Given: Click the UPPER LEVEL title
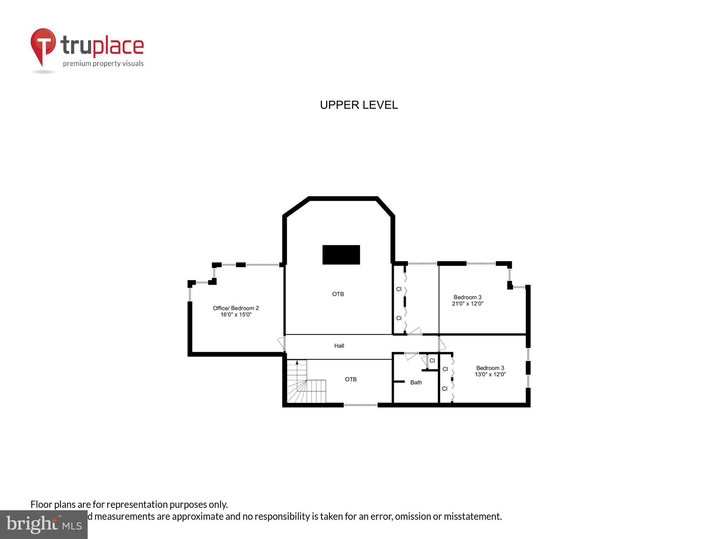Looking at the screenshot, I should (359, 105).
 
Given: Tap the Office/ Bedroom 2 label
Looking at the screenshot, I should (236, 308).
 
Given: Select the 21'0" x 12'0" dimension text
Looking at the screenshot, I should (467, 304).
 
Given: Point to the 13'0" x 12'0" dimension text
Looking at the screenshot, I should (490, 374).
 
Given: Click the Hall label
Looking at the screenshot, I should (339, 346).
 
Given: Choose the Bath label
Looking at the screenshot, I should (416, 382).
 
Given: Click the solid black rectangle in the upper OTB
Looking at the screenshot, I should (341, 255).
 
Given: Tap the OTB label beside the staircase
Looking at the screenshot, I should (351, 379).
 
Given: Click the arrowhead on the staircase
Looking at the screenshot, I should (297, 362).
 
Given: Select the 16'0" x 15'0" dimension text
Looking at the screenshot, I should (236, 315).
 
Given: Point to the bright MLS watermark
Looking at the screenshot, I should (44, 524).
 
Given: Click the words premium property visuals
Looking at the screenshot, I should (103, 64).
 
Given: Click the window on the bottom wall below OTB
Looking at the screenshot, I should (360, 405).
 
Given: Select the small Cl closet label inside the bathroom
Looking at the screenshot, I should (432, 361).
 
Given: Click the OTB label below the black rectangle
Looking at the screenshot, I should (338, 294).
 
